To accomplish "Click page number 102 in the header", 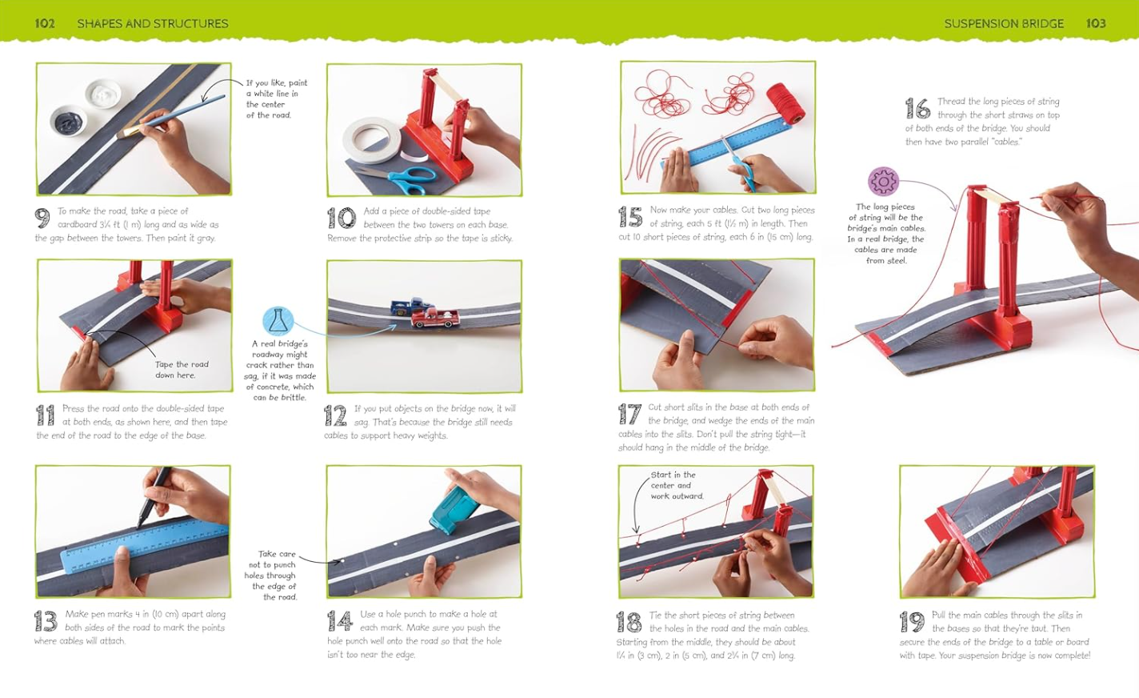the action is coord(45,23).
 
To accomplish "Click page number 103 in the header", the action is coord(1096,23).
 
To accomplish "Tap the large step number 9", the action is coord(42,218).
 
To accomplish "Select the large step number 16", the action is coord(917,108).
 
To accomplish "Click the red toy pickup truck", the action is coord(435,319).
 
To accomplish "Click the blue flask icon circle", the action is coord(278,321).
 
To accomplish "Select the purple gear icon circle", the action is coord(883,181).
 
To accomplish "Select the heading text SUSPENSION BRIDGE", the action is coord(1004,23).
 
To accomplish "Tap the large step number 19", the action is coord(912,622).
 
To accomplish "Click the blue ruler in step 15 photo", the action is coord(727,145).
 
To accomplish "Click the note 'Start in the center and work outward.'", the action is coord(677,485).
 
